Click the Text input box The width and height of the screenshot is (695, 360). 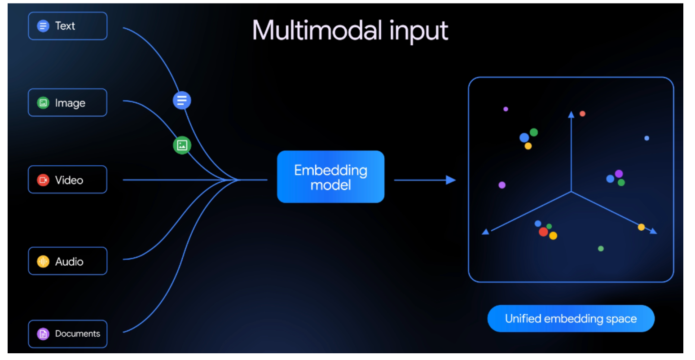click(67, 26)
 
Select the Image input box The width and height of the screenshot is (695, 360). click(67, 103)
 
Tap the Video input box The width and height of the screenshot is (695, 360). click(67, 180)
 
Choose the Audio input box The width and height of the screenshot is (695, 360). click(67, 261)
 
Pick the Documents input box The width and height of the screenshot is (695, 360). click(67, 334)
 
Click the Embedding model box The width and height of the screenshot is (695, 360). click(330, 177)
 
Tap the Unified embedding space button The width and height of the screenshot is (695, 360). click(571, 319)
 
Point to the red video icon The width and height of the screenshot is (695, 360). click(43, 180)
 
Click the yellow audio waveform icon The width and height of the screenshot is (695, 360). click(43, 261)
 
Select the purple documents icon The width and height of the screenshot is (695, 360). click(43, 334)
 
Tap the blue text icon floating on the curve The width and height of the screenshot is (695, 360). click(182, 100)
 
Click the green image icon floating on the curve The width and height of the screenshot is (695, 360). click(182, 145)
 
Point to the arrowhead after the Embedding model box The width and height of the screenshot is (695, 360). click(451, 180)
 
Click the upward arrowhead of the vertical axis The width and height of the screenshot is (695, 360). click(571, 115)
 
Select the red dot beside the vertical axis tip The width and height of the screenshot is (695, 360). click(582, 114)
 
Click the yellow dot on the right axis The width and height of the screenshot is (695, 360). click(641, 227)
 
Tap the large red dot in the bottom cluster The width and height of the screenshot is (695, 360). click(543, 232)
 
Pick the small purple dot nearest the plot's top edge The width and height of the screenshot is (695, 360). click(506, 109)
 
